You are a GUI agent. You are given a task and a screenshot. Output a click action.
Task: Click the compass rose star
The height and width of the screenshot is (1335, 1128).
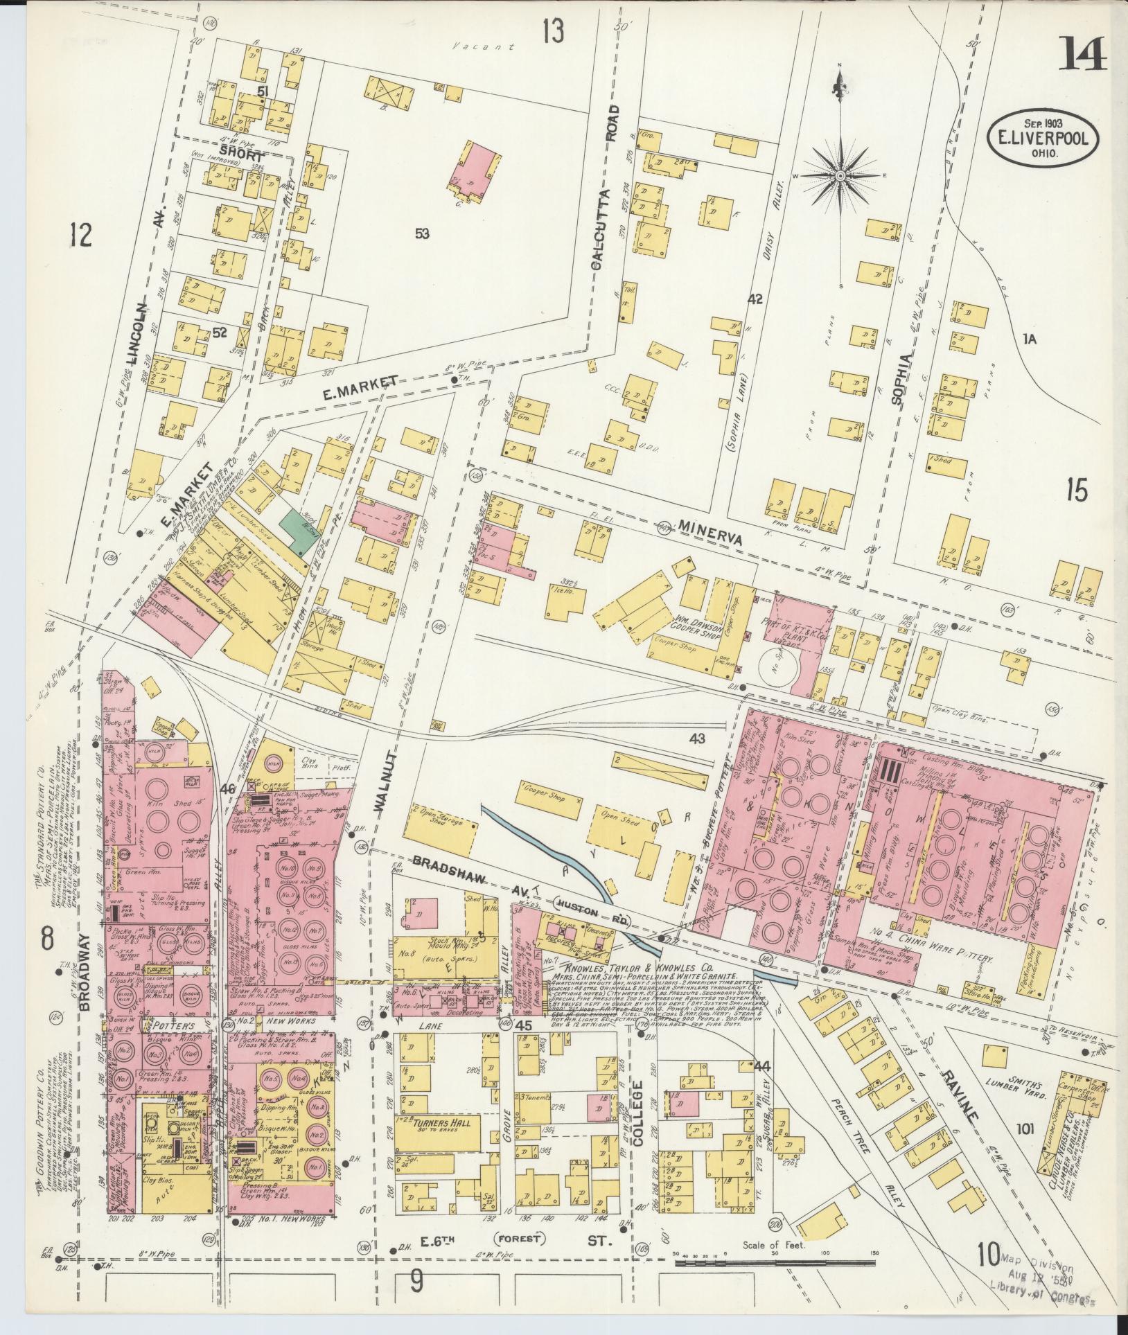pos(840,176)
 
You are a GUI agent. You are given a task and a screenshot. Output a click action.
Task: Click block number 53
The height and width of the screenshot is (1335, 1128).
pos(421,234)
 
